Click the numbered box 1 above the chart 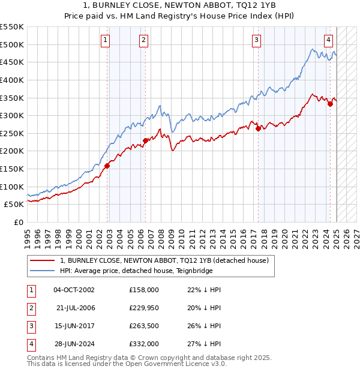[106, 40]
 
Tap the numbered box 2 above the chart [144, 40]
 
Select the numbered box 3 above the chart [256, 40]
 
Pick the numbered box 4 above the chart [329, 40]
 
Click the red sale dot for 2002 [107, 166]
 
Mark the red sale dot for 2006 [145, 140]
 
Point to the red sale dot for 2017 [258, 128]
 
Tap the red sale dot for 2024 [330, 104]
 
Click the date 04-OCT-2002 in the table [74, 289]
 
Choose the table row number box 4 [30, 344]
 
